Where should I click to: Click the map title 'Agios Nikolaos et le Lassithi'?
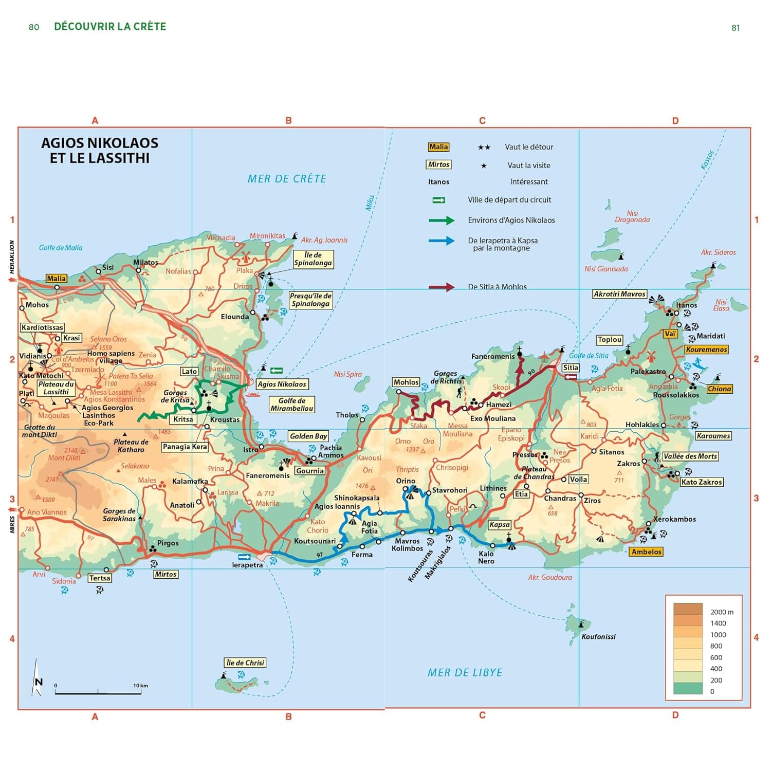[x=99, y=150]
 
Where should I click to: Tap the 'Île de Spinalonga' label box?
[x=313, y=259]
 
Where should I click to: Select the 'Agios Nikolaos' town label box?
[x=282, y=384]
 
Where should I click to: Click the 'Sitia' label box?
[x=570, y=368]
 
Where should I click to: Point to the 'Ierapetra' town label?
[x=247, y=565]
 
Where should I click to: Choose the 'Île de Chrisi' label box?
[x=245, y=663]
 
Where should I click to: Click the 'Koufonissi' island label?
[x=598, y=636]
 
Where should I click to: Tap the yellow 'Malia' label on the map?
[x=56, y=279]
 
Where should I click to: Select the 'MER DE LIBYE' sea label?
[x=465, y=672]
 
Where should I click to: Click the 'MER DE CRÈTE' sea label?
[x=287, y=179]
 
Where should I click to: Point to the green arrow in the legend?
[x=442, y=221]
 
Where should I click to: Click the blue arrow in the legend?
[x=442, y=241]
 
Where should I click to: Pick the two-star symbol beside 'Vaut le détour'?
[x=484, y=148]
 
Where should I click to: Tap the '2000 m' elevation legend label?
[x=722, y=612]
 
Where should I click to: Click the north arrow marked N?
[x=37, y=678]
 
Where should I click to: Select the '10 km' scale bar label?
[x=140, y=685]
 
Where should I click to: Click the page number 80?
[x=34, y=27]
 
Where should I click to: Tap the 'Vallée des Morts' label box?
[x=690, y=456]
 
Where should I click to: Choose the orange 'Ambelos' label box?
[x=646, y=552]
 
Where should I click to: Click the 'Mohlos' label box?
[x=406, y=382]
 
